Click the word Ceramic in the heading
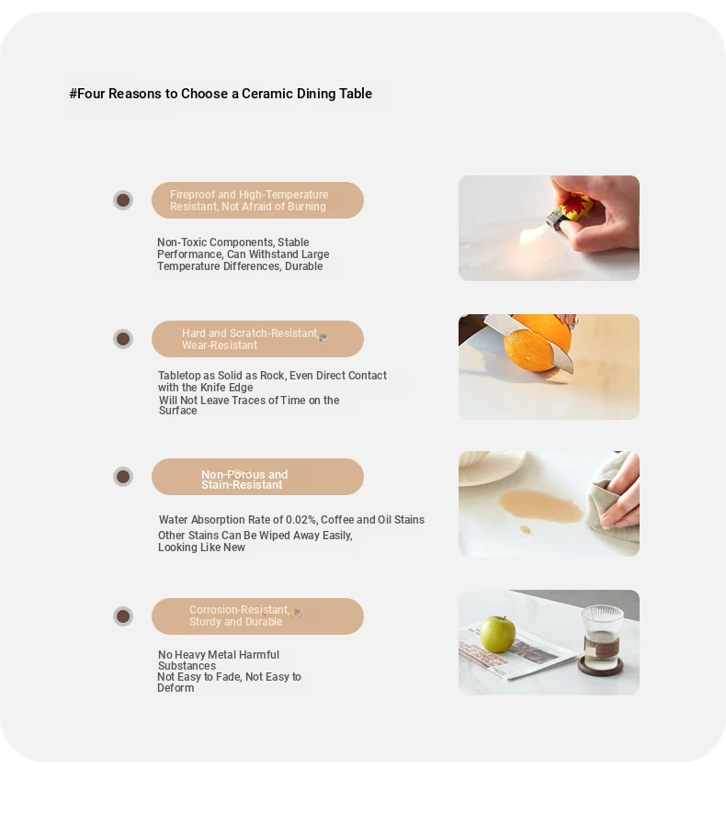pos(267,94)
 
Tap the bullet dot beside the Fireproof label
pos(123,200)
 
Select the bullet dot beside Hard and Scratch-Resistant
pos(123,339)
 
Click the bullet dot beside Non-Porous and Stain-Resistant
pos(123,477)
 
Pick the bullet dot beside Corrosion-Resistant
pos(123,615)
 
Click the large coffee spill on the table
pos(539,504)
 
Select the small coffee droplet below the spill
pos(525,530)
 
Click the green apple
pos(497,634)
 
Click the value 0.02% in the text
pos(301,520)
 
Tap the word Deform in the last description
pos(176,688)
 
